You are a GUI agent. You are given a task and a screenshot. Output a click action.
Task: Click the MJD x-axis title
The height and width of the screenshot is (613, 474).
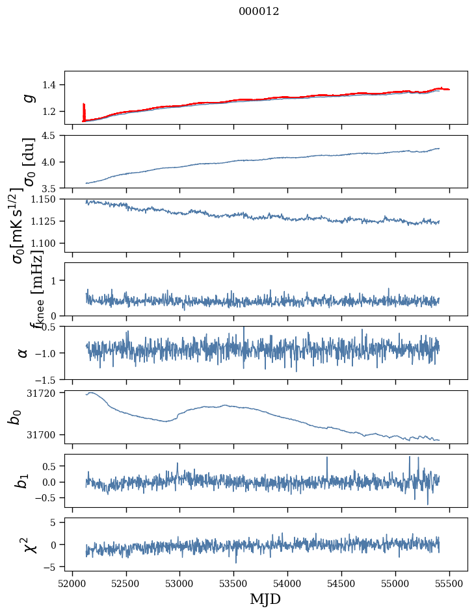[x=265, y=599]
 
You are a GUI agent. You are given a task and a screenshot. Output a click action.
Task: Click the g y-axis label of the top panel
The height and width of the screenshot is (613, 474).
[x=28, y=97]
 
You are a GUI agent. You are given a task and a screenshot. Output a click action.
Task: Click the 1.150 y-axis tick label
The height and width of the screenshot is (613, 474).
[x=47, y=199]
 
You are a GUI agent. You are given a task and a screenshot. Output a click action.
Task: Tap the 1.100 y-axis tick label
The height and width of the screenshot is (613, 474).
[x=47, y=243]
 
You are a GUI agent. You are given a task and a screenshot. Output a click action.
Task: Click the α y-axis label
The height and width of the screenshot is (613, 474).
[x=23, y=353]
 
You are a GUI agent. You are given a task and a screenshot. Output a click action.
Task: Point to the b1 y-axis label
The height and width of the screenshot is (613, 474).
[x=23, y=481]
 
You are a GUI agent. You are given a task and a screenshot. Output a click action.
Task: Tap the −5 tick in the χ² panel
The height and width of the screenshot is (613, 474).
[x=53, y=567]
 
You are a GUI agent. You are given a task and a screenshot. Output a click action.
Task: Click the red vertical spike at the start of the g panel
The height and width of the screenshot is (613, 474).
[x=83, y=111]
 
